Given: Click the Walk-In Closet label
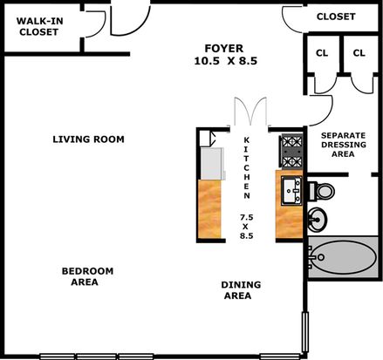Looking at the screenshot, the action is [x=39, y=26].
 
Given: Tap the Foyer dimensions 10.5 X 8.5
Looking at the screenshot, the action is [x=226, y=61].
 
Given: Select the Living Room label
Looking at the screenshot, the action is [x=88, y=139].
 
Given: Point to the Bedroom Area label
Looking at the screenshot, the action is [x=87, y=276].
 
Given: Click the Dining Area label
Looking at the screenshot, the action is [x=241, y=290].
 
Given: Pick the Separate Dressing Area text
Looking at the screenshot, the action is [x=344, y=145].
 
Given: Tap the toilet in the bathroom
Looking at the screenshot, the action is [x=321, y=191].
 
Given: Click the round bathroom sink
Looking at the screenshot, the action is [x=318, y=220].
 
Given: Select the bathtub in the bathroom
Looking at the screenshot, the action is [x=343, y=257].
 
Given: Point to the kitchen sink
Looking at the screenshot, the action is [x=291, y=190].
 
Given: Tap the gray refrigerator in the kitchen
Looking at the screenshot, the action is [x=212, y=164].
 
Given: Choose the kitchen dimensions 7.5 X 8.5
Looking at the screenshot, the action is [x=246, y=226].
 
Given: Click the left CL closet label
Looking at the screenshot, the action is [x=322, y=53].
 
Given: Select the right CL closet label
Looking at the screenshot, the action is [x=359, y=53].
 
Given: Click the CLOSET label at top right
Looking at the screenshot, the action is [x=336, y=17].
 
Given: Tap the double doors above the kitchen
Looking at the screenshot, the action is [x=250, y=112].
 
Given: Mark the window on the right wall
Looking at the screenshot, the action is [x=305, y=332].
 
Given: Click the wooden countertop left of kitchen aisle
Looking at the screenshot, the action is [x=209, y=208].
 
